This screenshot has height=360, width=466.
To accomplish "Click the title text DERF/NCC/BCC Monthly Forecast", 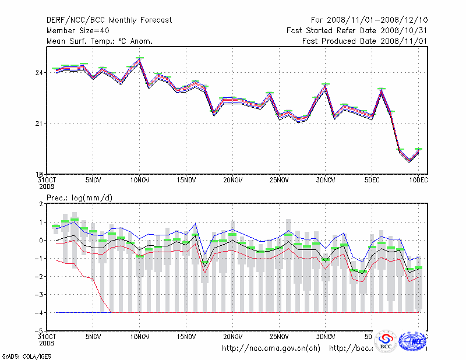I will pyautogui.click(x=109, y=20).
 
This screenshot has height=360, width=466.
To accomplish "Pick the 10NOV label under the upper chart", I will pyautogui.click(x=139, y=181).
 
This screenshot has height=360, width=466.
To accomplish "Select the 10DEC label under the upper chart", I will pyautogui.click(x=418, y=181).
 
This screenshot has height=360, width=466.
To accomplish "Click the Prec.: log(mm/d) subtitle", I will pyautogui.click(x=80, y=198).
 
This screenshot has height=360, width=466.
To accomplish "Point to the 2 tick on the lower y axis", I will pyautogui.click(x=41, y=204).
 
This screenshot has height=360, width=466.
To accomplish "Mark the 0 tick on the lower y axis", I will pyautogui.click(x=41, y=240).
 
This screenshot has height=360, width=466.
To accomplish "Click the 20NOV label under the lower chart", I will pyautogui.click(x=232, y=337).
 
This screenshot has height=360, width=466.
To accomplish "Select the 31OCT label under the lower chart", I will pyautogui.click(x=47, y=337).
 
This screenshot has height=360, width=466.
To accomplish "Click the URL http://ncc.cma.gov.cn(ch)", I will pyautogui.click(x=271, y=348).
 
